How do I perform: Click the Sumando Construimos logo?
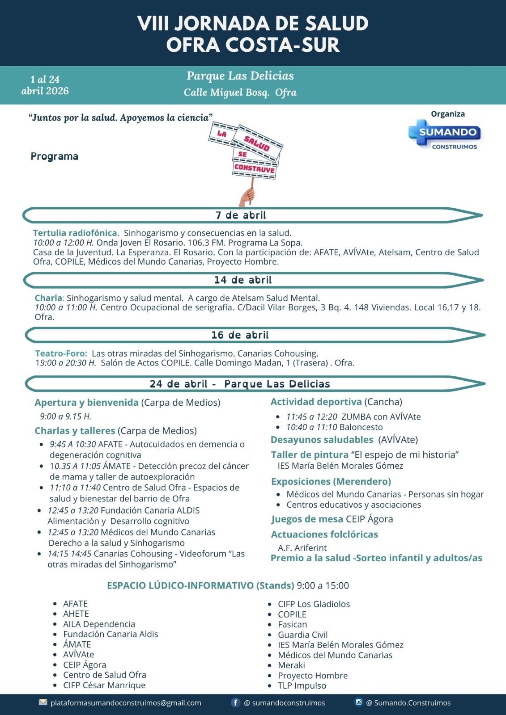point(445,134)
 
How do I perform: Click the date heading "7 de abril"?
point(241,215)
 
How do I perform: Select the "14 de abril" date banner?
point(242,280)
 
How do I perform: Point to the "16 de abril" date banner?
point(240,335)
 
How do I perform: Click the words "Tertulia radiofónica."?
point(76,233)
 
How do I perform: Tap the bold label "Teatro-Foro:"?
point(61,353)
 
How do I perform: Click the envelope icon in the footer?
point(43,702)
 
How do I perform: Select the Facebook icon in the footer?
point(235,702)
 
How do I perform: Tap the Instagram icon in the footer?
point(358,702)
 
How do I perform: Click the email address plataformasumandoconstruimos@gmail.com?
point(126,703)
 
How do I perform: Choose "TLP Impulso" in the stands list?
point(302,686)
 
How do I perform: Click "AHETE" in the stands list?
point(76,614)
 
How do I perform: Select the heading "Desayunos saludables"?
point(322,440)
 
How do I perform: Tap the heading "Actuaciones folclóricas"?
point(324,534)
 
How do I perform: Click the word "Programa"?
point(55,156)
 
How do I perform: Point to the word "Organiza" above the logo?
point(448,114)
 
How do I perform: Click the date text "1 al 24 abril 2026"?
point(45,85)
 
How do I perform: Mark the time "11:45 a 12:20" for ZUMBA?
point(312,417)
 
